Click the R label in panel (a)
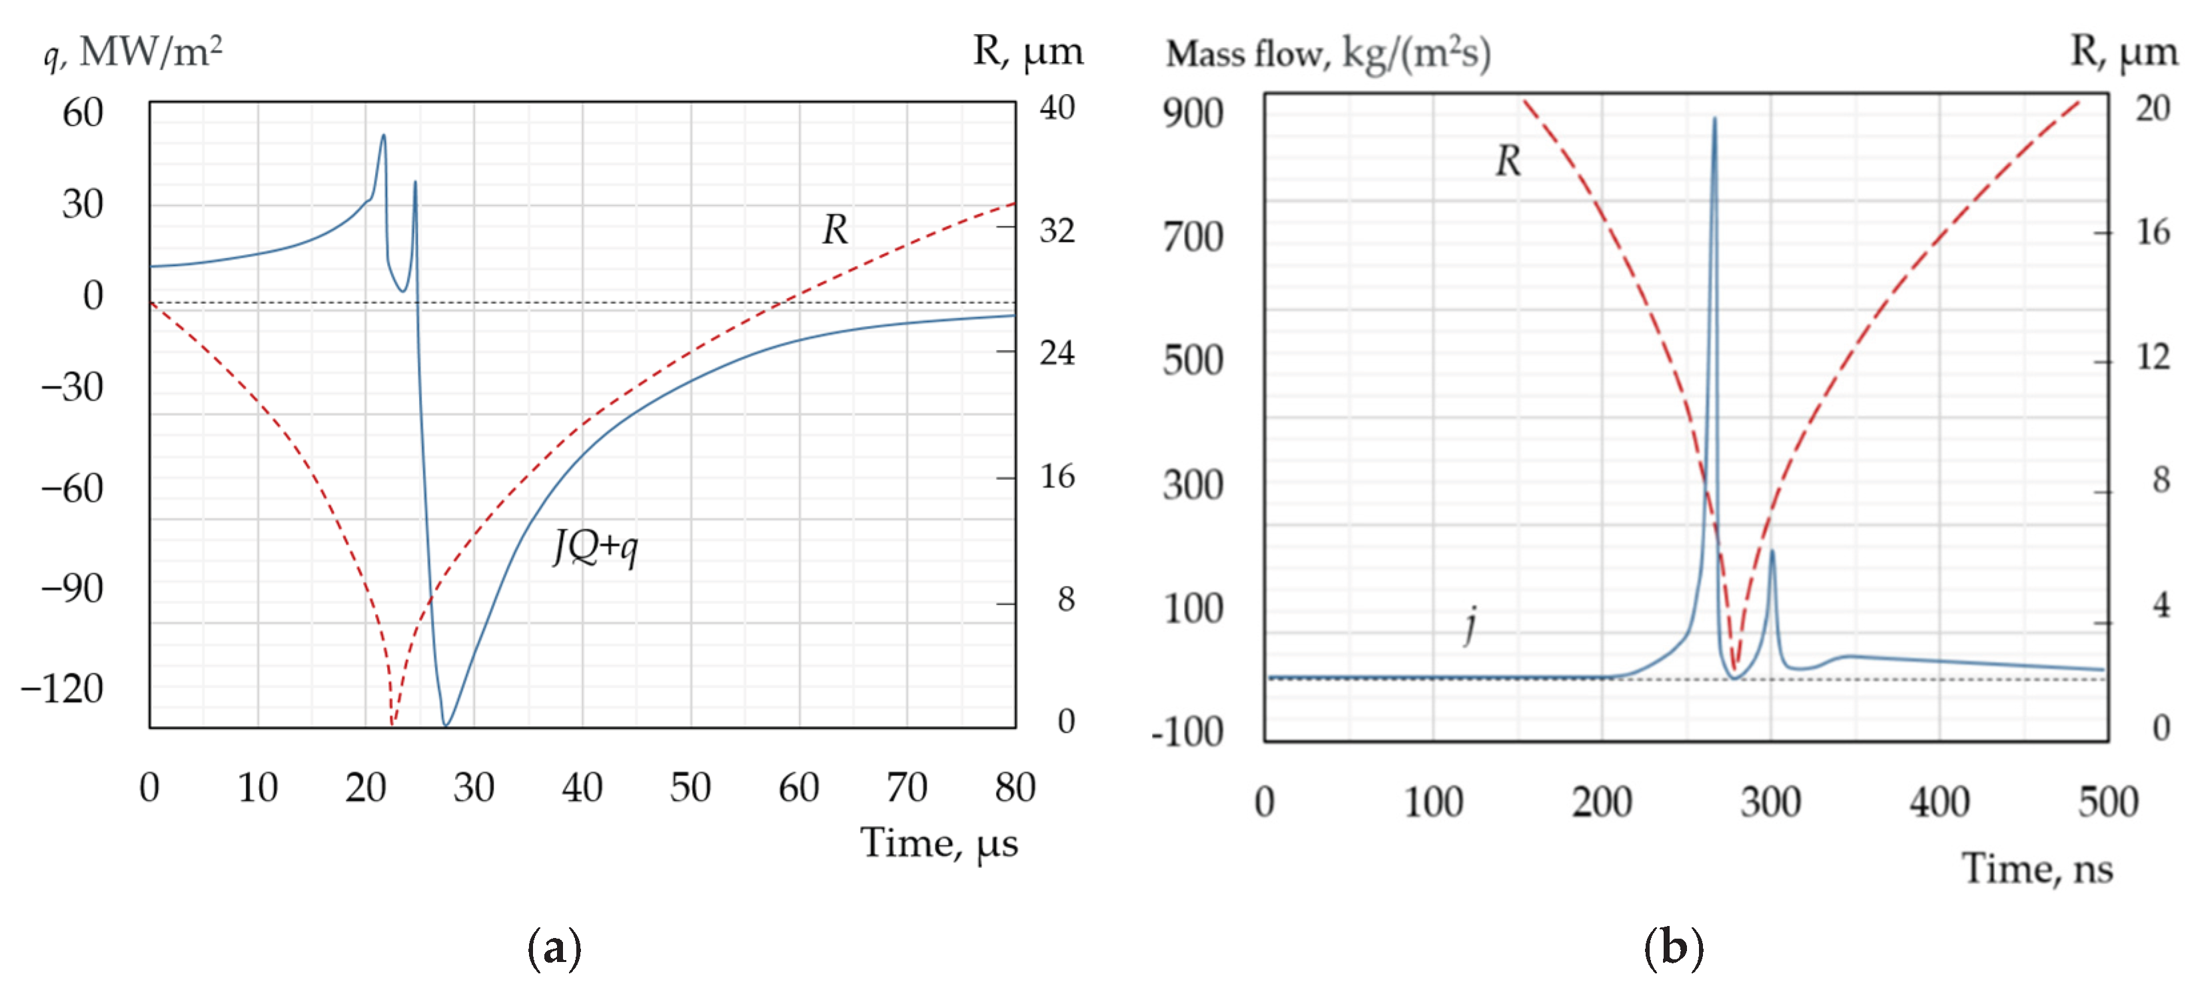(835, 229)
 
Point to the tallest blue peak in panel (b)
(1714, 119)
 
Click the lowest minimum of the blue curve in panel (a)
(445, 724)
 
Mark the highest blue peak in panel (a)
(384, 135)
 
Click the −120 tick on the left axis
(62, 687)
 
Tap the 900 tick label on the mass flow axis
(1193, 113)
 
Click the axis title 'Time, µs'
(939, 843)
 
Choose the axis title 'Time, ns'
(2037, 869)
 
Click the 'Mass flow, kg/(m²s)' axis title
(1327, 54)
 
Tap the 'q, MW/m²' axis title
(133, 53)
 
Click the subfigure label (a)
(554, 947)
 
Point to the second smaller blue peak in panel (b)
(1772, 552)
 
